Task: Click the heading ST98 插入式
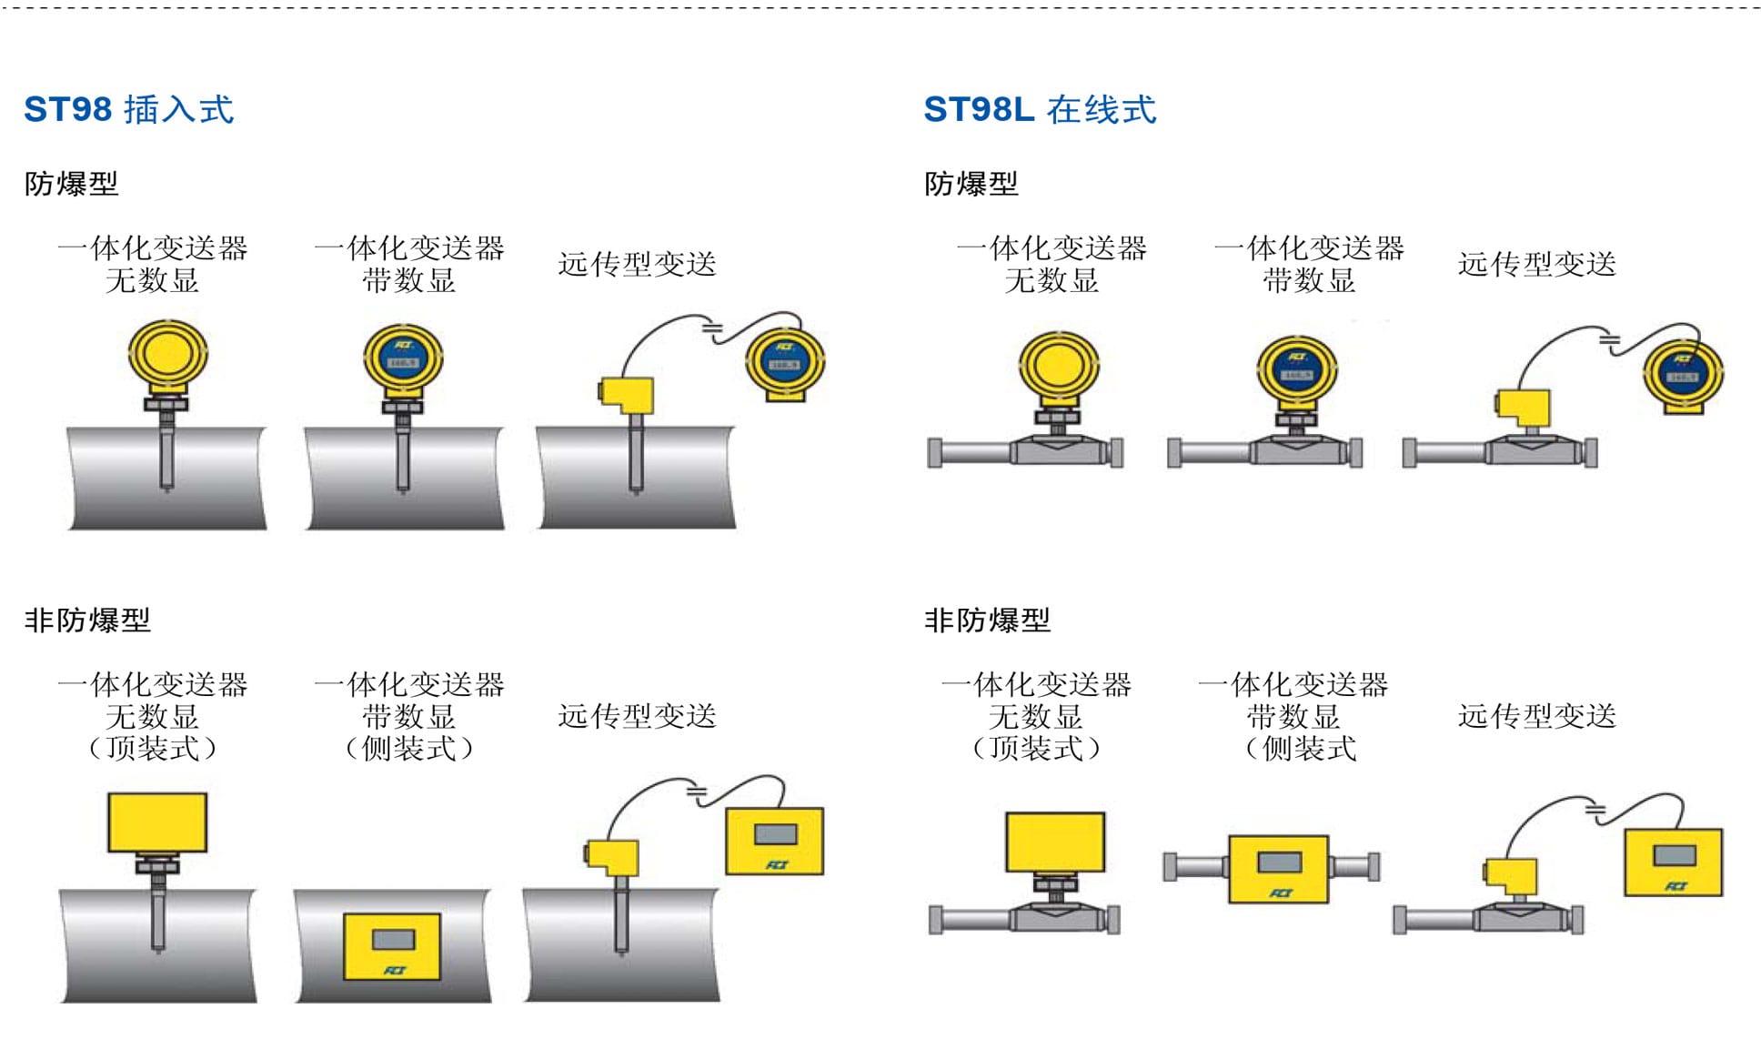128,109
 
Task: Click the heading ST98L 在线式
1039,109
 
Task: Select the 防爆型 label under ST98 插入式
71,184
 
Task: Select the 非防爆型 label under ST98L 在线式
987,620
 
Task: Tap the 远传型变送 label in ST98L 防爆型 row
1536,264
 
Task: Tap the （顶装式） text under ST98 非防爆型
152,749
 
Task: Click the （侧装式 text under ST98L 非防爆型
1301,749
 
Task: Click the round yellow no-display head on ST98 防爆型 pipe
167,355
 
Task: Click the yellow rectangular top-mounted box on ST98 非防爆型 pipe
157,822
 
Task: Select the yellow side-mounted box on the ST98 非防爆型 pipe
392,946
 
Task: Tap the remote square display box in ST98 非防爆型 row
774,841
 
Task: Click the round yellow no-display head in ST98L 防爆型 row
1058,366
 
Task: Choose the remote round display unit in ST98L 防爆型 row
1683,373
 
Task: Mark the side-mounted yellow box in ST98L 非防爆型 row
1278,868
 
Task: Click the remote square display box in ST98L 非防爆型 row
1674,862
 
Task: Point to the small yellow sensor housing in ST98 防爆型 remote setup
627,394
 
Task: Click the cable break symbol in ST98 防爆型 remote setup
712,328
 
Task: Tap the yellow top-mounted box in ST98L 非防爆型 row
1055,842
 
